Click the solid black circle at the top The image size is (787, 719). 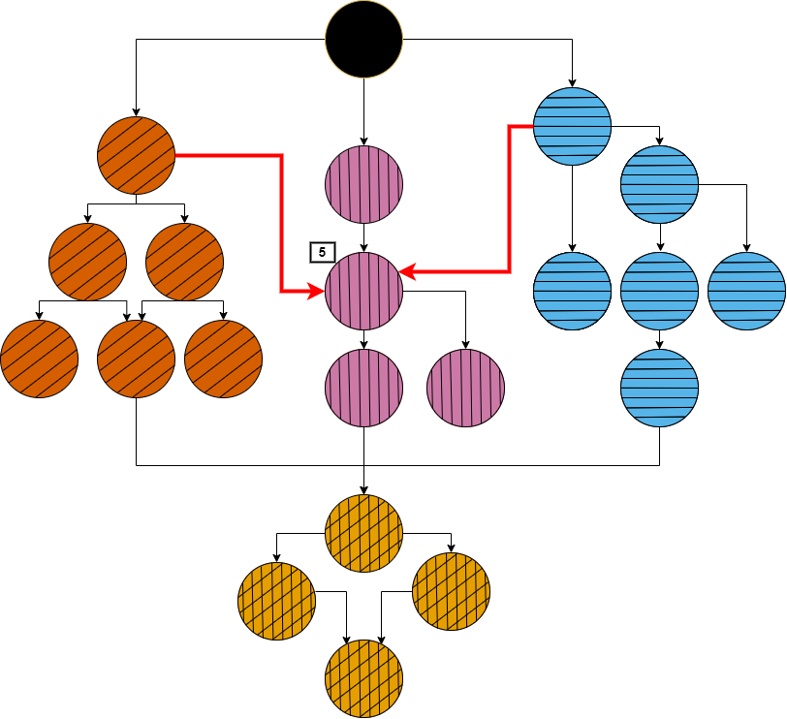click(x=363, y=39)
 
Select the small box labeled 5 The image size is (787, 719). click(x=321, y=252)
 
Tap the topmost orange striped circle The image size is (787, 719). click(x=136, y=155)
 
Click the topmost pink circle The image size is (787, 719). click(x=363, y=184)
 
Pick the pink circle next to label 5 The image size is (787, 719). click(x=363, y=291)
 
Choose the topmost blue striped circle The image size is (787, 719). click(x=572, y=126)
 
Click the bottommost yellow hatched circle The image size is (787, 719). click(x=363, y=678)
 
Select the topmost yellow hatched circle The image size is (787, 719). click(x=363, y=533)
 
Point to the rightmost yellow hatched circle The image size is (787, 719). click(x=451, y=591)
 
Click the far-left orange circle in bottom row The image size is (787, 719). click(x=39, y=359)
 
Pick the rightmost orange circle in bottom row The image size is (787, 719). click(x=223, y=359)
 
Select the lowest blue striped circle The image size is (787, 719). click(x=659, y=388)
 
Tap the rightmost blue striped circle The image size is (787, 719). click(x=746, y=291)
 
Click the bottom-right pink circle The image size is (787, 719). click(x=465, y=388)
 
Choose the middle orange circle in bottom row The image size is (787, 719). click(x=136, y=359)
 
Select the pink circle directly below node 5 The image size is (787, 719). click(x=363, y=388)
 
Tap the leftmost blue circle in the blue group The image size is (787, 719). click(x=572, y=291)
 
